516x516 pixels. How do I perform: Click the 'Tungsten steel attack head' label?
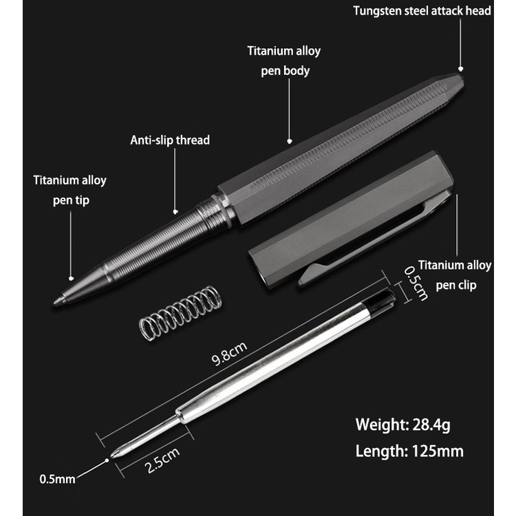(422, 11)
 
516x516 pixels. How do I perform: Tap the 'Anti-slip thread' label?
(170, 140)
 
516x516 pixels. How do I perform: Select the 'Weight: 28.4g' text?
(402, 424)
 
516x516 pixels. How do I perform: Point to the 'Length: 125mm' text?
(409, 451)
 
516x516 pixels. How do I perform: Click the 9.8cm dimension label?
(229, 354)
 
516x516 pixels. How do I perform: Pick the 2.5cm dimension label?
(162, 460)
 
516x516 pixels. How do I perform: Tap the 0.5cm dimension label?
(416, 283)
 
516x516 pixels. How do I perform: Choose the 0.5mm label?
(57, 479)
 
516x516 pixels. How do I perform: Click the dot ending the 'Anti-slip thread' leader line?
(175, 213)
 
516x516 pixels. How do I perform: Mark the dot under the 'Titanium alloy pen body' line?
(290, 141)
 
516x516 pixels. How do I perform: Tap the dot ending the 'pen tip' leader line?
(71, 279)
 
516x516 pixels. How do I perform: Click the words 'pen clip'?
(456, 286)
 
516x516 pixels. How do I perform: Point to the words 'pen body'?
(285, 71)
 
